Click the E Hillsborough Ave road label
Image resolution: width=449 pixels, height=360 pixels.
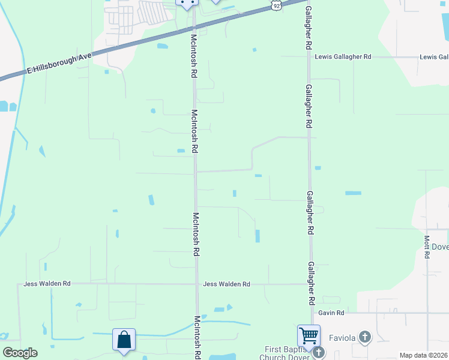(x=59, y=64)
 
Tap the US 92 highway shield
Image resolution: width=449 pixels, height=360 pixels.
(x=275, y=5)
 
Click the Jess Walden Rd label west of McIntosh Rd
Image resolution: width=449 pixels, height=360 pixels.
(x=47, y=284)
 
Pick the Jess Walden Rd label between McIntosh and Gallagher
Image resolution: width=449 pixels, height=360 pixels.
(x=226, y=284)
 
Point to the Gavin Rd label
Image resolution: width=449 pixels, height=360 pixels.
(x=331, y=313)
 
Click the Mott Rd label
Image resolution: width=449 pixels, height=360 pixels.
(x=427, y=247)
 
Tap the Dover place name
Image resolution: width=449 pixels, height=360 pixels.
(x=440, y=246)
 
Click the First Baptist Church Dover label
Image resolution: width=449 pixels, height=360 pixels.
(x=286, y=353)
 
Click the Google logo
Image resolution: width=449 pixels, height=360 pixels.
(x=20, y=352)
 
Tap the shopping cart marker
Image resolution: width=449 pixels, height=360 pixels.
(x=309, y=335)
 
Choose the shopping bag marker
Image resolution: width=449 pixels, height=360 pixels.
(x=124, y=340)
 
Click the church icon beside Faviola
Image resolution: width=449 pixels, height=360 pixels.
(x=364, y=337)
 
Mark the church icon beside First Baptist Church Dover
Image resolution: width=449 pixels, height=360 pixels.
(x=318, y=352)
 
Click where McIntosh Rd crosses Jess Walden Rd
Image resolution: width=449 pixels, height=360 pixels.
(x=196, y=284)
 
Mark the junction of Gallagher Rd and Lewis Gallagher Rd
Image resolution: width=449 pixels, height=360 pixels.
(x=308, y=57)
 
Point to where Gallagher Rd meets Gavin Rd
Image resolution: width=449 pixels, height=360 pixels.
(x=312, y=313)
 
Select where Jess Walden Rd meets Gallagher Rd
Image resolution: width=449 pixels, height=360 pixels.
(x=311, y=284)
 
